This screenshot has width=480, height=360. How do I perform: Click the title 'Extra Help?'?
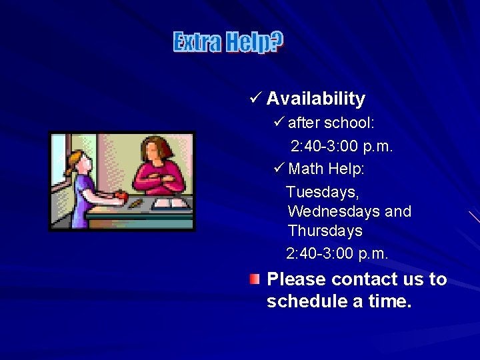click(228, 42)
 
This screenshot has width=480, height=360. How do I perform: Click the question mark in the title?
click(277, 42)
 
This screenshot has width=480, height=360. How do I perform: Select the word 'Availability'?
click(316, 99)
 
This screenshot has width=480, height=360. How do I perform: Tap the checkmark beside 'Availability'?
click(253, 99)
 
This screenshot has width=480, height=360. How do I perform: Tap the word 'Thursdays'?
click(325, 231)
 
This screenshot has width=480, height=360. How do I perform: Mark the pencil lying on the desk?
click(135, 202)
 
